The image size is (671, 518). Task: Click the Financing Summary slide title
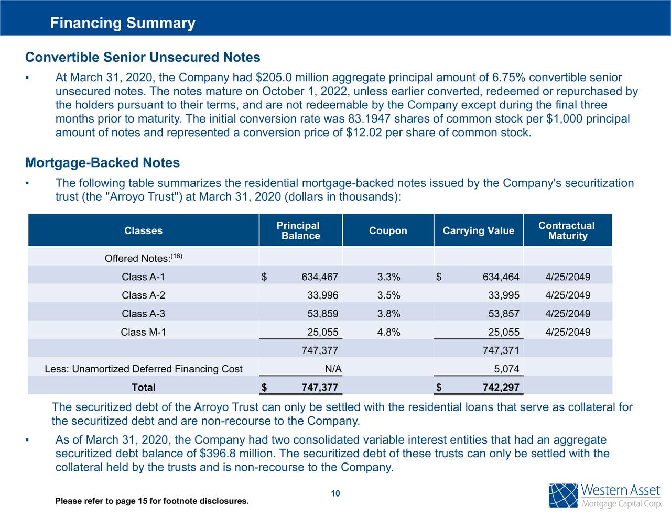pyautogui.click(x=123, y=23)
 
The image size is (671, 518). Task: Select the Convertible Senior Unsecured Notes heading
pyautogui.click(x=143, y=57)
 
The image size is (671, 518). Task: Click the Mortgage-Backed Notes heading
pyautogui.click(x=102, y=163)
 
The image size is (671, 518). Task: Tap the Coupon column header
pyautogui.click(x=388, y=231)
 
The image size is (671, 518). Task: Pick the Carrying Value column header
pyautogui.click(x=478, y=231)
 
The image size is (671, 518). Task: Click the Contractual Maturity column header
pyautogui.click(x=567, y=230)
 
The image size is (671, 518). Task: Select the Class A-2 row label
pyautogui.click(x=143, y=295)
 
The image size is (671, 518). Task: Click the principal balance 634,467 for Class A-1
pyautogui.click(x=319, y=277)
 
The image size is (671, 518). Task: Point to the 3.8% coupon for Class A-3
pyautogui.click(x=388, y=314)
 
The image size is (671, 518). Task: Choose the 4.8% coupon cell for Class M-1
pyautogui.click(x=388, y=332)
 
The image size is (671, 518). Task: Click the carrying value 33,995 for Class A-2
pyautogui.click(x=503, y=295)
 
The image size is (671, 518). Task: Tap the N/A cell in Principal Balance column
pyautogui.click(x=333, y=369)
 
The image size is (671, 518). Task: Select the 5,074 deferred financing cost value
pyautogui.click(x=506, y=369)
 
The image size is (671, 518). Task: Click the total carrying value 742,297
pyautogui.click(x=501, y=388)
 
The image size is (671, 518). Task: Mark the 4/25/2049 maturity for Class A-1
pyautogui.click(x=567, y=277)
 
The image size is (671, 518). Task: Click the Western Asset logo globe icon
pyautogui.click(x=563, y=495)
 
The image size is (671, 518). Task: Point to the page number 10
pyautogui.click(x=335, y=493)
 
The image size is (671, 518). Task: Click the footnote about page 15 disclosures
pyautogui.click(x=152, y=501)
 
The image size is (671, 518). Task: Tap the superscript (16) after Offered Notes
pyautogui.click(x=177, y=256)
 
